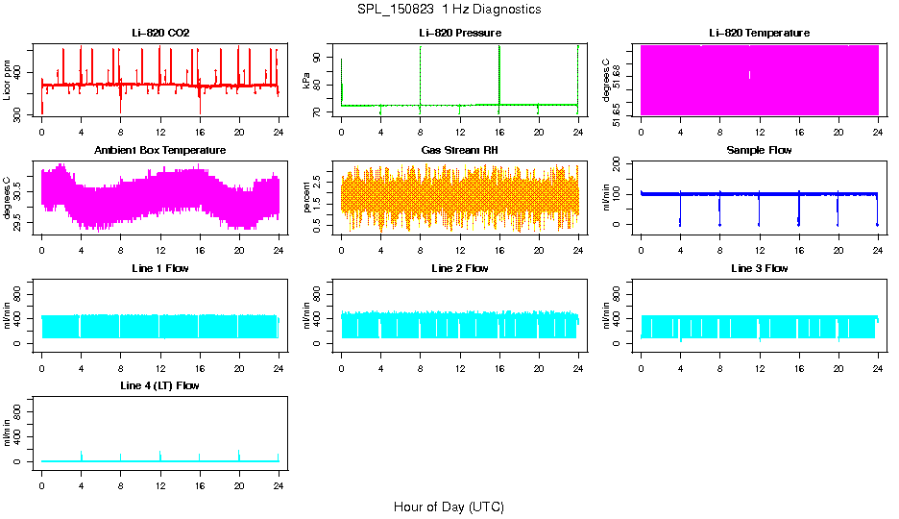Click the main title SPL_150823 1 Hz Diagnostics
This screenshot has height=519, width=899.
(449, 10)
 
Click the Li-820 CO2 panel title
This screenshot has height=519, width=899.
(160, 34)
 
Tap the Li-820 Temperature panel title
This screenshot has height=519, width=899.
(759, 34)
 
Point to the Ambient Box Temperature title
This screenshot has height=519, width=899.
(160, 151)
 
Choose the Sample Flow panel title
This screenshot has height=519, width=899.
(759, 151)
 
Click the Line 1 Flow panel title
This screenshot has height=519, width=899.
(160, 268)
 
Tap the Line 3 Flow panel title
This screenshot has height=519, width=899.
(759, 268)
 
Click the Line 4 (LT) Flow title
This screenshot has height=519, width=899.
(160, 385)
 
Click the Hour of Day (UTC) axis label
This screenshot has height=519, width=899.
(449, 507)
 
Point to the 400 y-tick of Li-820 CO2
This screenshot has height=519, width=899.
(21, 73)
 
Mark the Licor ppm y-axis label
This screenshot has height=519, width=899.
(8, 81)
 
